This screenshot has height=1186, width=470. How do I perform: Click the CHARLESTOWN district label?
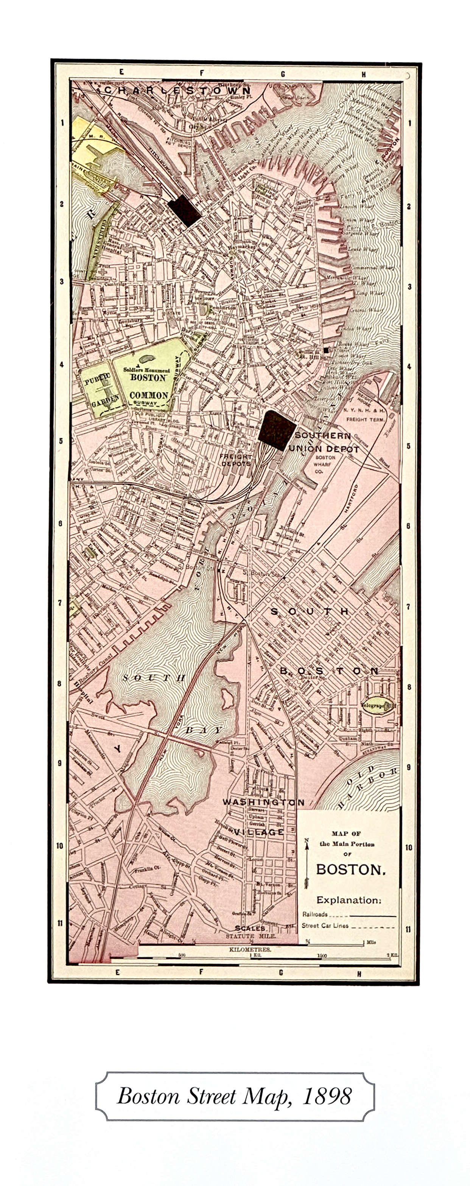177,90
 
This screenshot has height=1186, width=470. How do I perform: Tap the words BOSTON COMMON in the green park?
148,386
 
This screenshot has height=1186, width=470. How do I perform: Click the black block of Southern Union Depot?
276,430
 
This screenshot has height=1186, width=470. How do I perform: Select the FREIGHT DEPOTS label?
236,460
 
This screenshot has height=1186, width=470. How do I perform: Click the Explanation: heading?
349,900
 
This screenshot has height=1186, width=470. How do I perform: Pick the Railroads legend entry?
315,914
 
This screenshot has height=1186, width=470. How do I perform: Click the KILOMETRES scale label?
250,949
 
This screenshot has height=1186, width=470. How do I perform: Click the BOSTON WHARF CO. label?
325,464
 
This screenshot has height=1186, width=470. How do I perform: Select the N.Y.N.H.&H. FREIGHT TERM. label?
366,415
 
